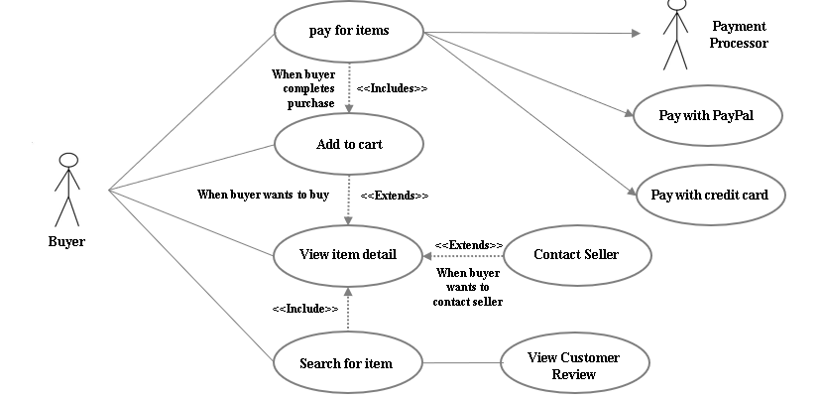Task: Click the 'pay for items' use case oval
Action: [348, 31]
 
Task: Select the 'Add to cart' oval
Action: [349, 144]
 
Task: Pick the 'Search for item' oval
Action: [346, 363]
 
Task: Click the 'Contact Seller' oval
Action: [576, 255]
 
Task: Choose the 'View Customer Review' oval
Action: [575, 366]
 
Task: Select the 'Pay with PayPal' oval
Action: [706, 115]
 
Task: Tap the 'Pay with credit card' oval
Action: [709, 195]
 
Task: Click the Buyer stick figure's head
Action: [67, 160]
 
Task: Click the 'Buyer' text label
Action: [66, 241]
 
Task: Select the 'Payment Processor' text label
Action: [740, 35]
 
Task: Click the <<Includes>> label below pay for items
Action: [392, 88]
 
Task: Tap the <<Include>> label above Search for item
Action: [304, 309]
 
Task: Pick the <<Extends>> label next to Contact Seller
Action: [468, 245]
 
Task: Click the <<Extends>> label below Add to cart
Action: [394, 196]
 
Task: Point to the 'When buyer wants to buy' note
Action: [263, 196]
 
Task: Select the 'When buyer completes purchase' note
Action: [303, 88]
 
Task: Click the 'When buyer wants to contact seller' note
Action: [468, 287]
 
